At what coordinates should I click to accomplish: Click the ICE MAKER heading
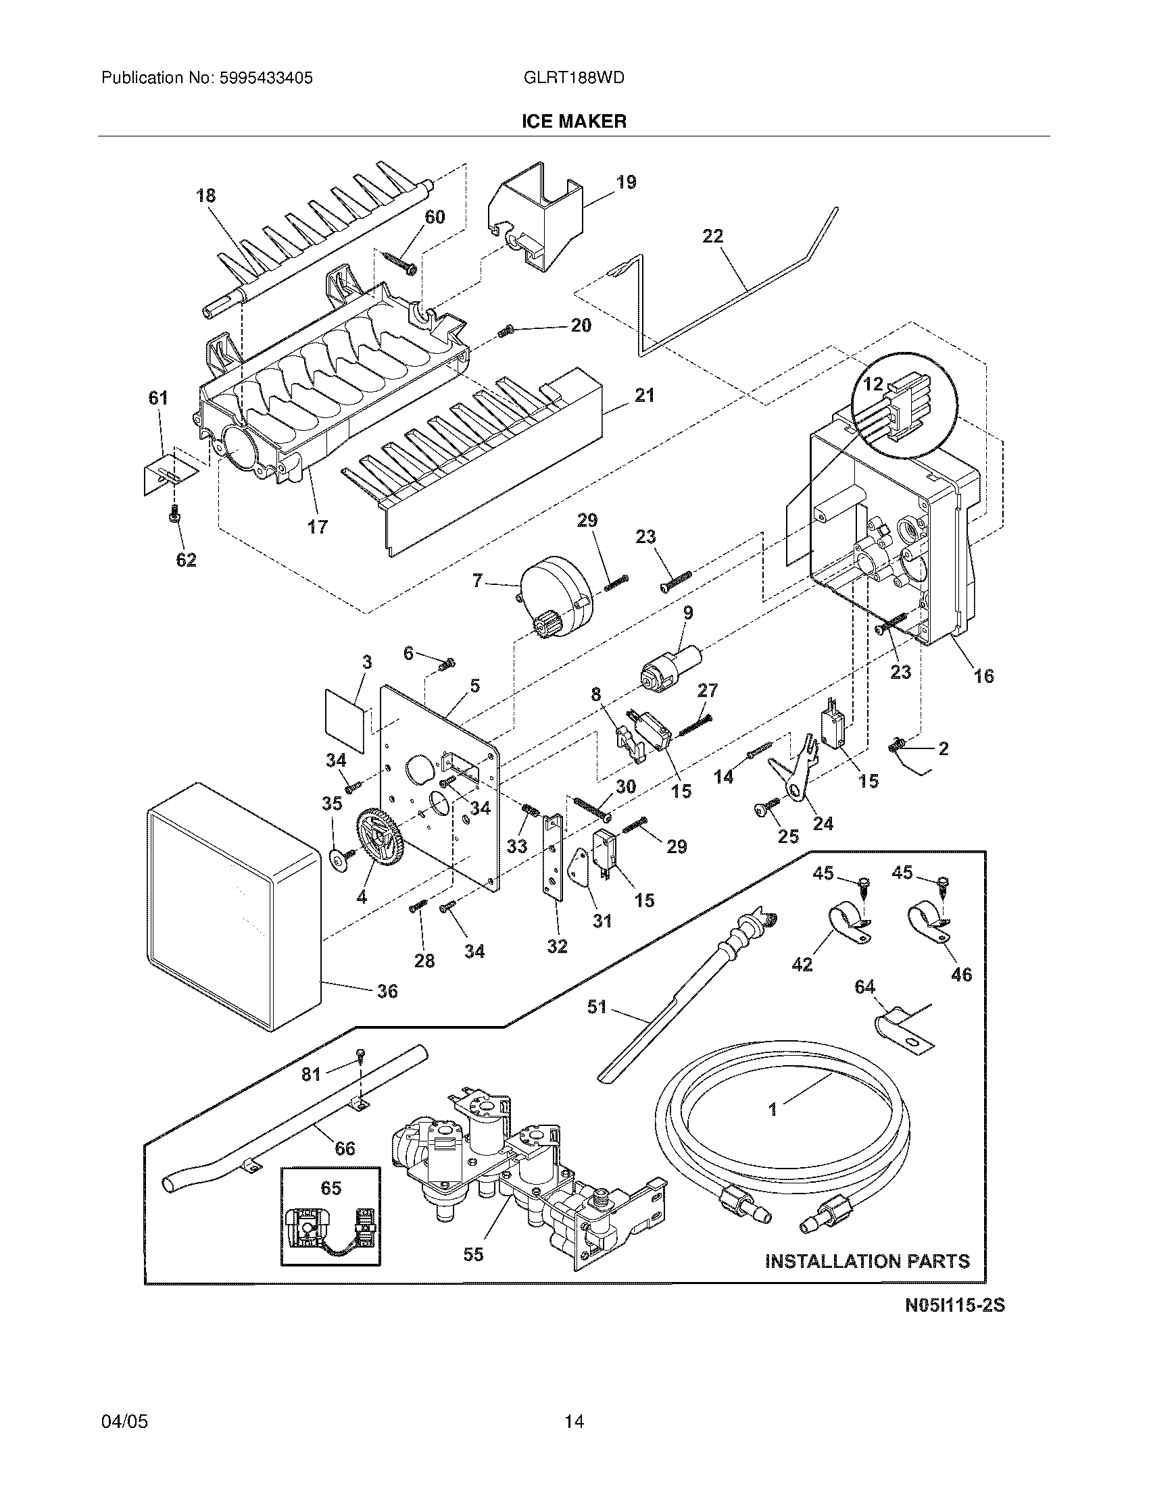[x=574, y=122]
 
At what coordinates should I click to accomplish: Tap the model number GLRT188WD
[x=574, y=78]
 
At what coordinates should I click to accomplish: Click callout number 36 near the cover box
[x=387, y=992]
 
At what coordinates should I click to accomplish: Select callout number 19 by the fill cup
[x=626, y=182]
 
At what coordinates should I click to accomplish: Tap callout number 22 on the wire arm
[x=712, y=236]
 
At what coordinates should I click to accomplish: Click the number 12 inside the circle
[x=873, y=384]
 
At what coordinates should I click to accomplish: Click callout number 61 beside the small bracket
[x=158, y=398]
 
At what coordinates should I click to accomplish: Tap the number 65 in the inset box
[x=331, y=1188]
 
